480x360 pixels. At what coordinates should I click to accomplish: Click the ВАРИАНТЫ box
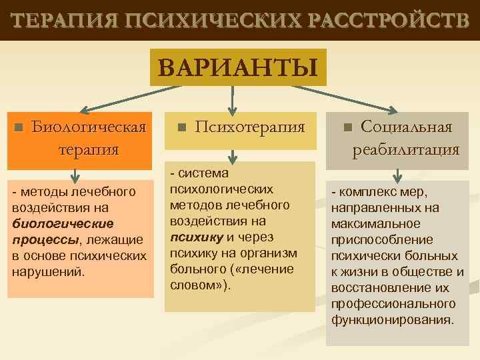pos(238,67)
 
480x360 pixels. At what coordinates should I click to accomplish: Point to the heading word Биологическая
pos(89,127)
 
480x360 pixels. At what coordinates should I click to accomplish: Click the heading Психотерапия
pos(250,127)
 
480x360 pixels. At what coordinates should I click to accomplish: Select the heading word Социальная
pos(406,127)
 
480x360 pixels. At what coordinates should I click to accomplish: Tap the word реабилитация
pos(406,149)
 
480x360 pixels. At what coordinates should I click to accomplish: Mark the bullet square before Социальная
pos(347,127)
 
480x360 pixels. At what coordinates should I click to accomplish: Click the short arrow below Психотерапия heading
pos(231,155)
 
